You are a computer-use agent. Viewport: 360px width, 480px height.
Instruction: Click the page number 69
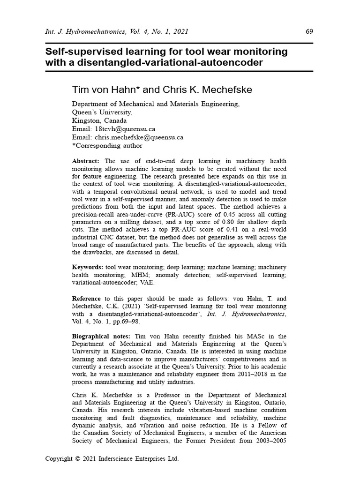(309, 31)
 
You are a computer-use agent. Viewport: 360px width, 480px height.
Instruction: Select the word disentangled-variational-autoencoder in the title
(165, 62)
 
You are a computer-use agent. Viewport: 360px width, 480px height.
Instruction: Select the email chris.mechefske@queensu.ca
(139, 137)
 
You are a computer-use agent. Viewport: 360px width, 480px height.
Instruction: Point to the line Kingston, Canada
(99, 120)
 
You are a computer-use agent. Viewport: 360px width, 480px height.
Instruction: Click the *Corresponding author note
(104, 146)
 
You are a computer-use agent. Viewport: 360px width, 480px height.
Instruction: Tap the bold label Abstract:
(86, 161)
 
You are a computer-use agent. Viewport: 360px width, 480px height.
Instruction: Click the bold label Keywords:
(87, 267)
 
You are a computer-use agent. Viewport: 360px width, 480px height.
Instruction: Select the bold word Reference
(86, 299)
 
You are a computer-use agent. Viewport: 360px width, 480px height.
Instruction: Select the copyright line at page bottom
(112, 459)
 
